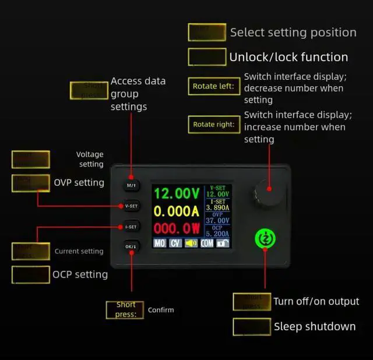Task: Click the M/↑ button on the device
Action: (131, 185)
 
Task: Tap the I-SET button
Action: (131, 226)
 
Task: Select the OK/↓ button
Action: (131, 246)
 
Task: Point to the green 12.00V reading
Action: (177, 193)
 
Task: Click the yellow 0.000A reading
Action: (177, 210)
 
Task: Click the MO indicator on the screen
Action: (160, 243)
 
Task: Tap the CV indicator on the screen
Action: (175, 243)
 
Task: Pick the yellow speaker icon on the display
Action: (191, 243)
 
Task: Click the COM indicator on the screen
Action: (207, 243)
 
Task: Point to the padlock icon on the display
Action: (223, 243)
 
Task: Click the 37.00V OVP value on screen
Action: (218, 220)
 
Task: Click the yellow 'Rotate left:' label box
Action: (214, 87)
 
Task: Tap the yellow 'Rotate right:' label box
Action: (214, 124)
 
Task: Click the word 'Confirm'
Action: (160, 310)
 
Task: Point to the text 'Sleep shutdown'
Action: (315, 327)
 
